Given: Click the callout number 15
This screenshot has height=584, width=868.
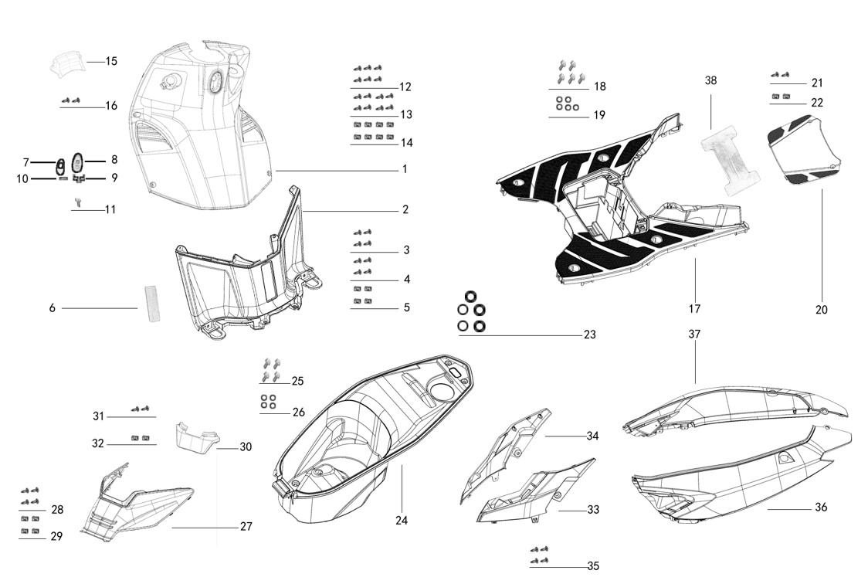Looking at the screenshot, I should [x=111, y=61].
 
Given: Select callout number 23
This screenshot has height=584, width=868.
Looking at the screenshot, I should [x=589, y=335].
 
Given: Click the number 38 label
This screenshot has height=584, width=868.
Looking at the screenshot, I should [x=711, y=80].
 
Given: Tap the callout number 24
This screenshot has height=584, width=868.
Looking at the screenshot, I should [x=401, y=520].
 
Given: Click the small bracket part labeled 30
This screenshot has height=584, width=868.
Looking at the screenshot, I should [x=193, y=438].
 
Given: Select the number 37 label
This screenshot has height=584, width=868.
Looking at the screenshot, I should [x=694, y=334].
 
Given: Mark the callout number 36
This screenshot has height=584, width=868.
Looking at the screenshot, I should [x=821, y=508].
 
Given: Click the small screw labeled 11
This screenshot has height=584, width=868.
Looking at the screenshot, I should [x=78, y=202].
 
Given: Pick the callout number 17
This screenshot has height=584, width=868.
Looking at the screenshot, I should [x=694, y=309].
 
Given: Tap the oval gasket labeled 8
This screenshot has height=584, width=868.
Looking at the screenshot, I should [x=77, y=162].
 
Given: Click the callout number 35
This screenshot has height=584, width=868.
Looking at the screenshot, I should [x=592, y=566].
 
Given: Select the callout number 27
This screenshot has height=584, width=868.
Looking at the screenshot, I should [x=246, y=527].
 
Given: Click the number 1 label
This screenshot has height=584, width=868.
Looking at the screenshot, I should [x=404, y=169].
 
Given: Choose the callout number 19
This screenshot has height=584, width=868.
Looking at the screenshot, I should [x=599, y=115].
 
